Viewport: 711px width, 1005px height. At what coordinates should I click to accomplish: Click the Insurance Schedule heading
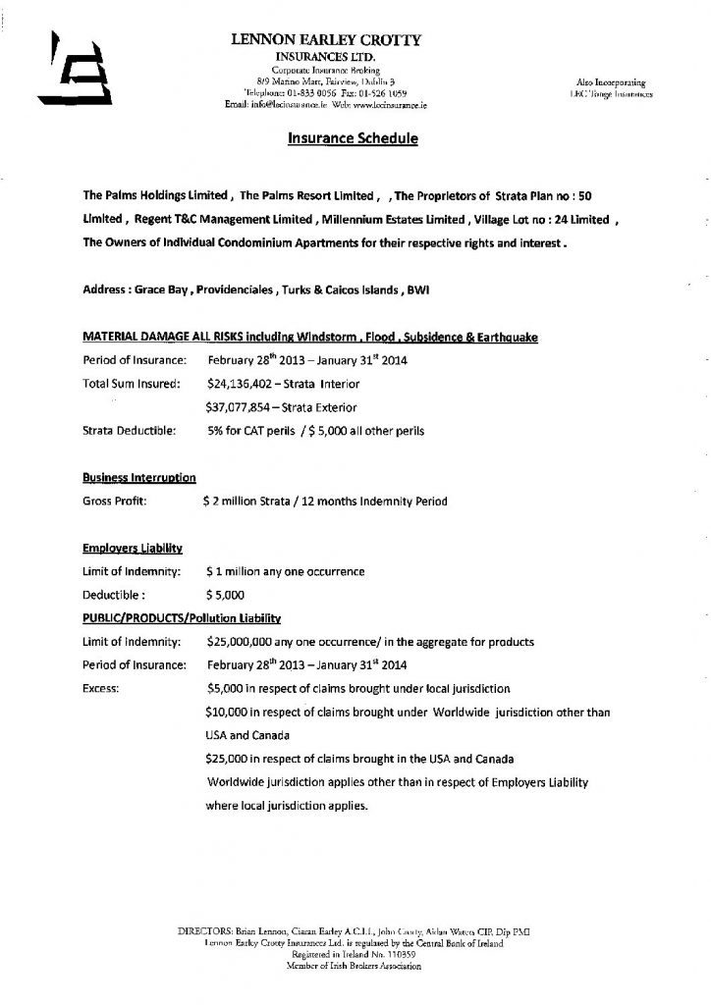(354, 139)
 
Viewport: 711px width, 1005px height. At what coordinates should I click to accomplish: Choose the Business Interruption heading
(138, 478)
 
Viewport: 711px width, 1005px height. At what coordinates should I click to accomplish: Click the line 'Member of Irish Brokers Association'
(356, 967)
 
